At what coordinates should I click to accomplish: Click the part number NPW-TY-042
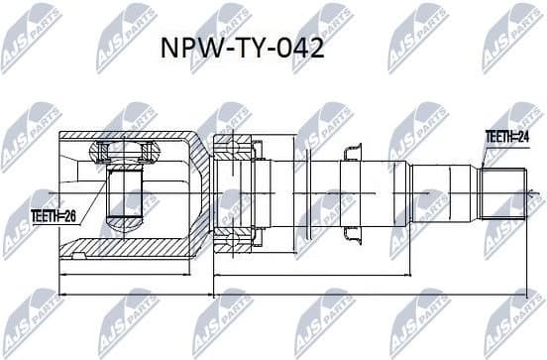point(242,50)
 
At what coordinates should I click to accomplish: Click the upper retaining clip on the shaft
point(350,151)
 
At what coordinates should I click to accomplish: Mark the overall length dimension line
point(287,294)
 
